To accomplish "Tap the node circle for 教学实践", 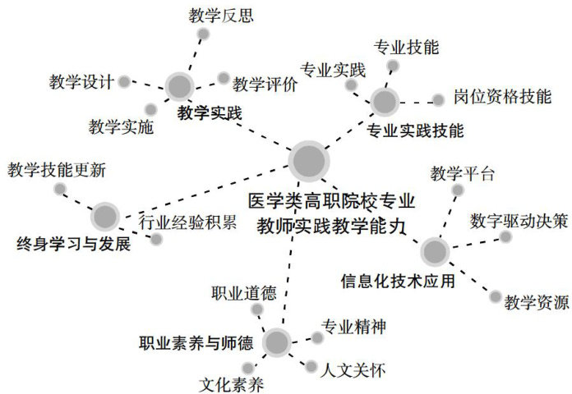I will click(179, 86).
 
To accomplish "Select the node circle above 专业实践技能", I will click(384, 101).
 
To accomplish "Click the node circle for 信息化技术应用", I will click(434, 252).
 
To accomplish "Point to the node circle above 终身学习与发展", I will click(104, 217).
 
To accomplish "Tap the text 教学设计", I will click(80, 82).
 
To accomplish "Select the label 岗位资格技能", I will click(501, 96).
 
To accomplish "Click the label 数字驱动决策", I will click(519, 221).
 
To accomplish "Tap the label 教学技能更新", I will click(56, 171).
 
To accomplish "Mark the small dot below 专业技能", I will click(393, 66).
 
